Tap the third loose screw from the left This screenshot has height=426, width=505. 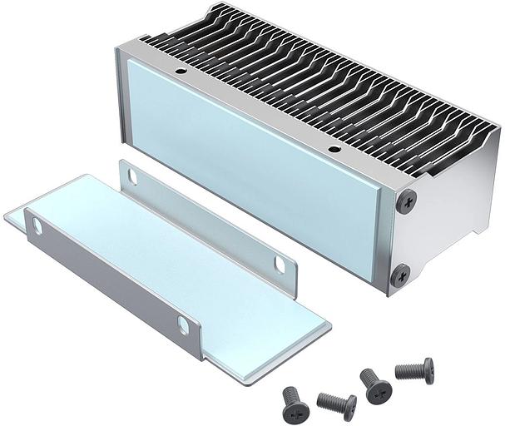(375, 385)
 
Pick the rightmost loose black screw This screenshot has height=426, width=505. (414, 369)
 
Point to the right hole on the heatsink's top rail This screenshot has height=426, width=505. (334, 150)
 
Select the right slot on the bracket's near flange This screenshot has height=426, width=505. (183, 324)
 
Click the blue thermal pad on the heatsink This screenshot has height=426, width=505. (250, 166)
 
